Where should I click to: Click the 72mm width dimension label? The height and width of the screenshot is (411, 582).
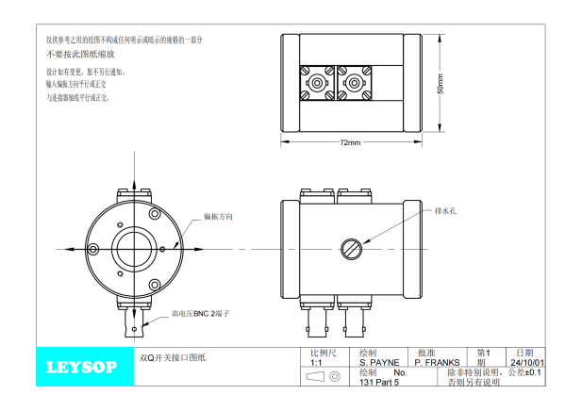pos(350,142)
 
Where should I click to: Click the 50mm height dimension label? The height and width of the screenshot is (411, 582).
pos(441,83)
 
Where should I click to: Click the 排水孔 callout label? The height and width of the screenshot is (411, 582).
pos(445,211)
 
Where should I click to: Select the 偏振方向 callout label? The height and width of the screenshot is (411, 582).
pos(218,216)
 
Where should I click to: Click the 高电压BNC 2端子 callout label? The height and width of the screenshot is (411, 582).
pos(200,314)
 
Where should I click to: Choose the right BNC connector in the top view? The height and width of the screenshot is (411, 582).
pos(354,85)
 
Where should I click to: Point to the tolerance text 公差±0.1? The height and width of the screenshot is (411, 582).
pos(525,372)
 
